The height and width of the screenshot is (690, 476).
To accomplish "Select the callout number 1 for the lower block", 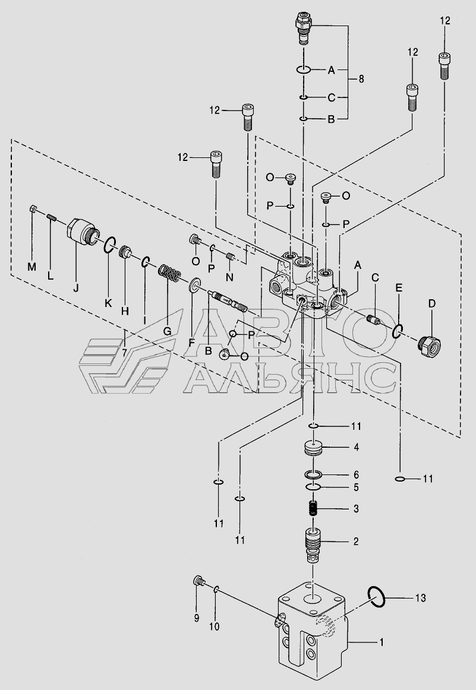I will (x=382, y=642).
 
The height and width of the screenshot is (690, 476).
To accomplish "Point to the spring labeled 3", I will (x=313, y=508).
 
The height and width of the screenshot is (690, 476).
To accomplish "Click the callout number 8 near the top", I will (x=361, y=78).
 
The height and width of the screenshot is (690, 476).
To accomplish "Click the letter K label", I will (x=108, y=303).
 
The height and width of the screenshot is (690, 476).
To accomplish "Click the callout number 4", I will (x=356, y=447).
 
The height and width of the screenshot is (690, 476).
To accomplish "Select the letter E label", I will (x=399, y=288).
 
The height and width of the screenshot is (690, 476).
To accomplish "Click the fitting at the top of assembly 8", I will (x=304, y=28).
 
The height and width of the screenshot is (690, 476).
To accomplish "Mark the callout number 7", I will (x=124, y=351).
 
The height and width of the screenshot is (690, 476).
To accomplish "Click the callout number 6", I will (x=356, y=474).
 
